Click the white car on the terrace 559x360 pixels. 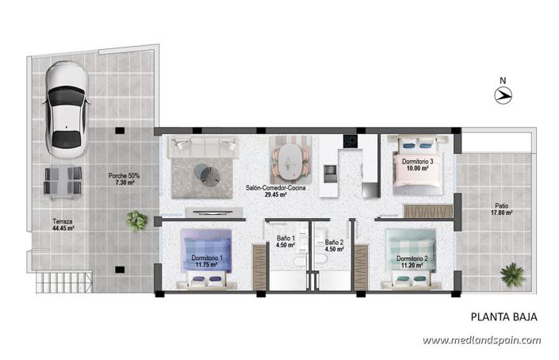click(65, 109)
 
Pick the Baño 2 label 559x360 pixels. click(334, 246)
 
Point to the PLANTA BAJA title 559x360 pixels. click(503, 317)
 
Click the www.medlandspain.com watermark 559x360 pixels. click(481, 341)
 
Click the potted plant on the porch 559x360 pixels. click(137, 220)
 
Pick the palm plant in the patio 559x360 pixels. click(512, 275)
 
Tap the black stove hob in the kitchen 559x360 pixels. click(349, 141)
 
